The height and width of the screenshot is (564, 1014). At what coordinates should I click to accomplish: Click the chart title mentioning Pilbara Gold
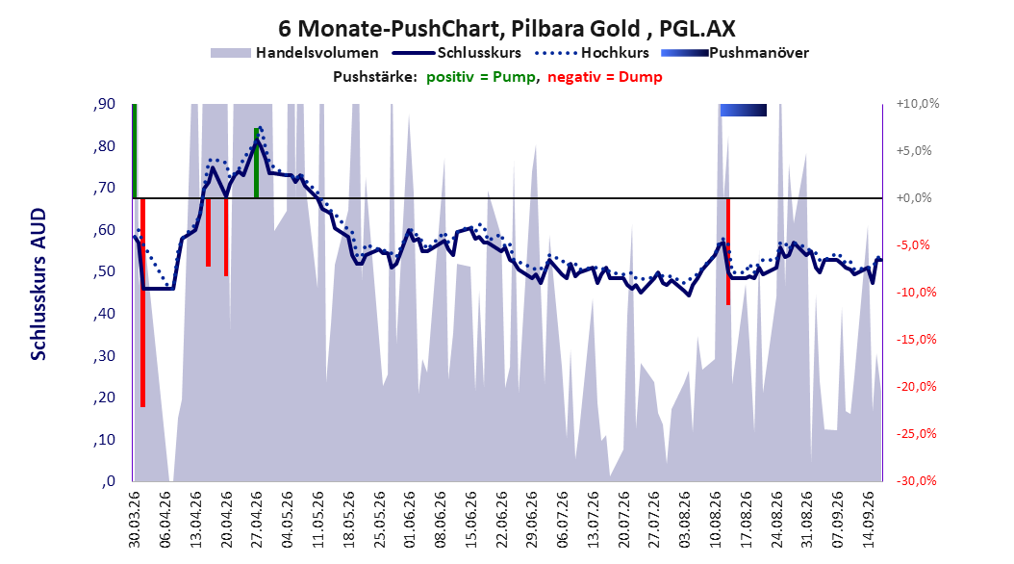[506, 29]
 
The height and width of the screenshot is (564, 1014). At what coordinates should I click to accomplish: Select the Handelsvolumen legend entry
[295, 53]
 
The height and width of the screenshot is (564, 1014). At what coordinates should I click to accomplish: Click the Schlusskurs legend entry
[456, 53]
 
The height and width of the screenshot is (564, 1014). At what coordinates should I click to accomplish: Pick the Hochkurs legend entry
[592, 53]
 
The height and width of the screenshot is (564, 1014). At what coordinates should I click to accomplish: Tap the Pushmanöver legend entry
[735, 53]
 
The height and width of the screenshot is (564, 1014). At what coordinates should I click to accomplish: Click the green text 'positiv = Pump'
[481, 77]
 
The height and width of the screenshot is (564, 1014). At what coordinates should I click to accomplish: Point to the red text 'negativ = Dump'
[605, 77]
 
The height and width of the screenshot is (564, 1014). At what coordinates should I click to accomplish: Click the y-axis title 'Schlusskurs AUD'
[38, 284]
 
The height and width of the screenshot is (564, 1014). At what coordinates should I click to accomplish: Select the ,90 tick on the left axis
[105, 104]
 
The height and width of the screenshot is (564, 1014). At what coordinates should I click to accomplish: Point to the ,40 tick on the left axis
[105, 315]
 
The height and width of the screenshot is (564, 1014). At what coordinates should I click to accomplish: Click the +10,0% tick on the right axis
[918, 104]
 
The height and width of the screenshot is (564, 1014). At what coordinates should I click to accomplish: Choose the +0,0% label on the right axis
[914, 198]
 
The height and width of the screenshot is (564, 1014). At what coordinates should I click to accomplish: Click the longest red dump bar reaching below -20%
[143, 303]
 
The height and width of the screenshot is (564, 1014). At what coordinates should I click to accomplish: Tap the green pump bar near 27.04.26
[256, 163]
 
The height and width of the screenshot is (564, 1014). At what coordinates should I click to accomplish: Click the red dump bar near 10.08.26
[728, 251]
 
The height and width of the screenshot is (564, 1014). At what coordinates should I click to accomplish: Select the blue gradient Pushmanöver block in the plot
[743, 110]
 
